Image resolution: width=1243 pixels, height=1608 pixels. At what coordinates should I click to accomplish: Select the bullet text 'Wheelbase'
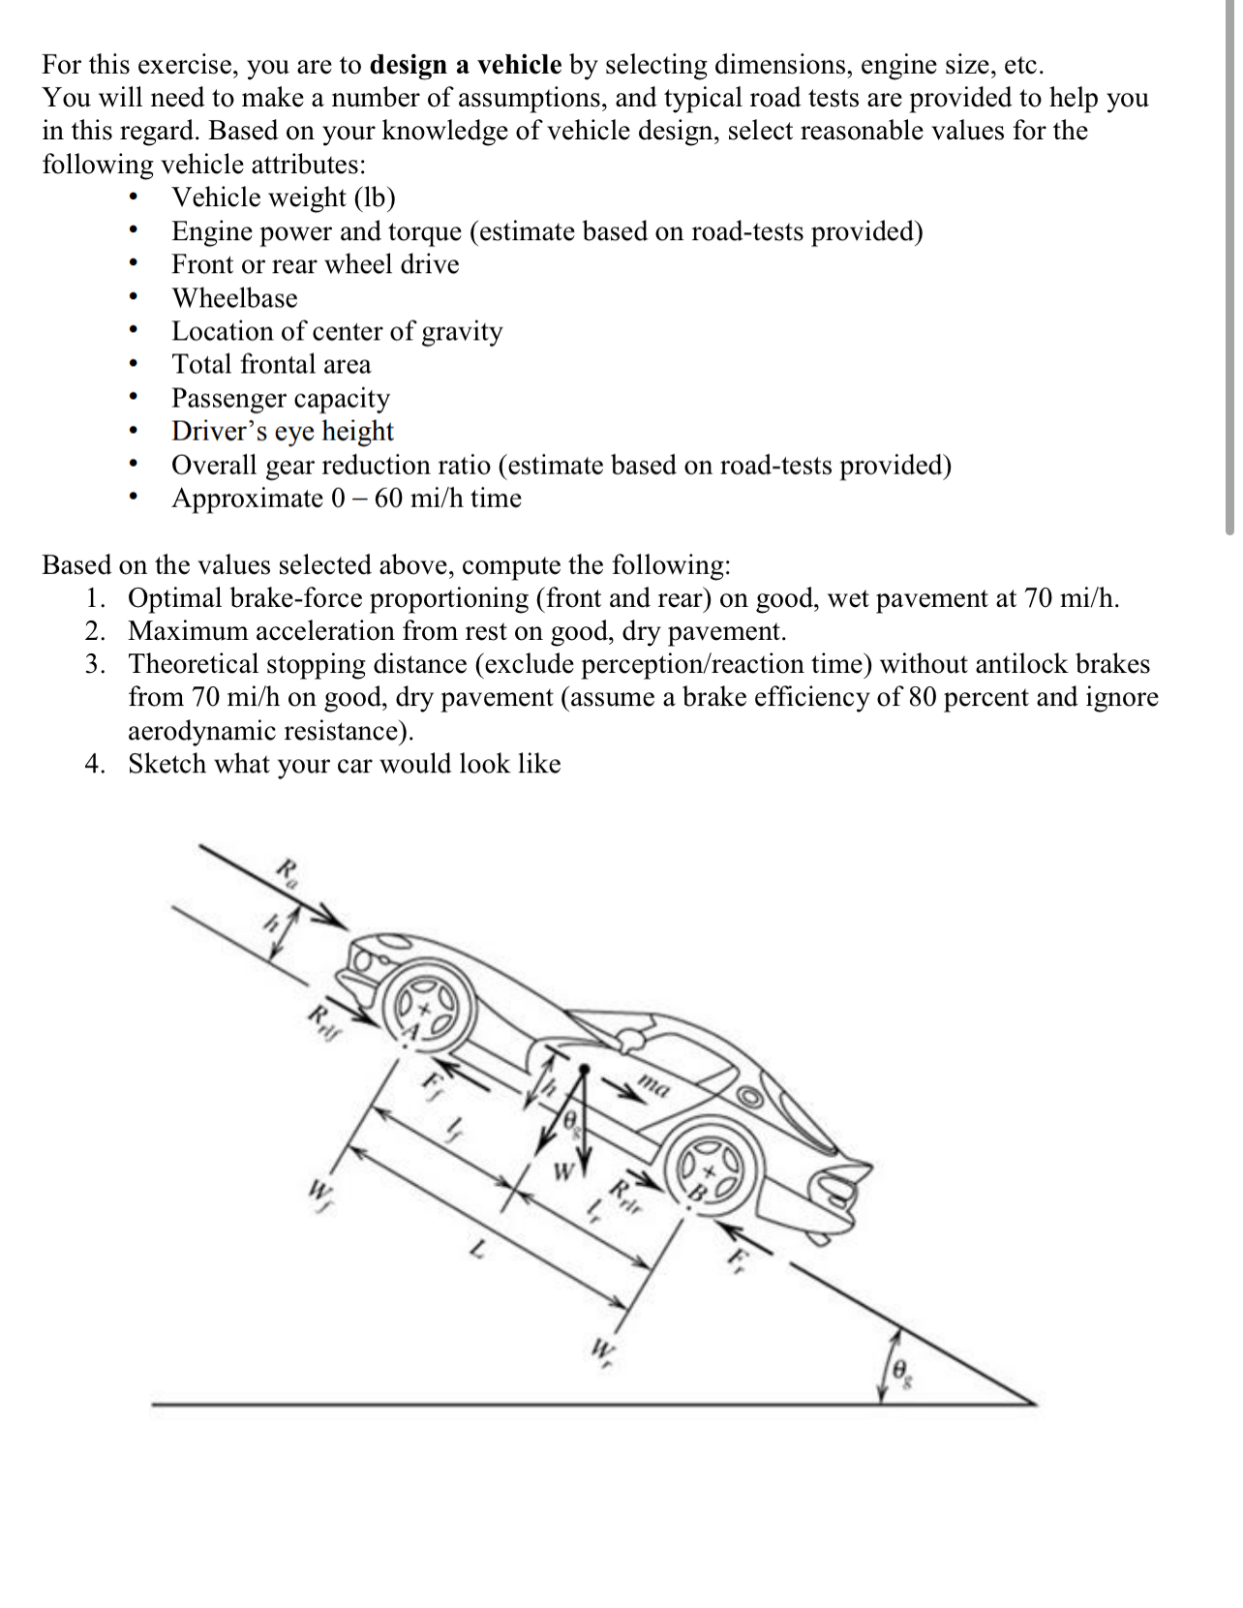pos(234,298)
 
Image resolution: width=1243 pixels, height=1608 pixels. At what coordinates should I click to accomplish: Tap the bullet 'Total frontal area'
pos(271,365)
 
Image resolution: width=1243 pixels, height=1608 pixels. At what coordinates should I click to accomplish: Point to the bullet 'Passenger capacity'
pos(281,398)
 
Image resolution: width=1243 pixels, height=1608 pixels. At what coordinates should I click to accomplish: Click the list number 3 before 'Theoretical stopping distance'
pos(94,664)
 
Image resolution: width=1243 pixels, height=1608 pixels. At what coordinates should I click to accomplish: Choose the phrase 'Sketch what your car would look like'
pos(345,764)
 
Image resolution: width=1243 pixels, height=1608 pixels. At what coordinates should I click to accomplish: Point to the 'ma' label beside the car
pos(654,1087)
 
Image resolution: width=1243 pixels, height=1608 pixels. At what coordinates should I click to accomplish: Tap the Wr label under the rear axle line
pos(603,1349)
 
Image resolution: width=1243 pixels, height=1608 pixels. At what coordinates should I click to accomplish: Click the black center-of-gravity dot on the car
pos(584,1070)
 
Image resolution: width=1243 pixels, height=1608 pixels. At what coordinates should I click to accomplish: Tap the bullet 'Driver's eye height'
pos(283,431)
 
